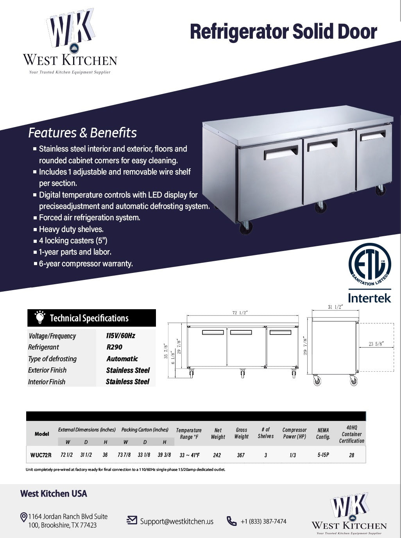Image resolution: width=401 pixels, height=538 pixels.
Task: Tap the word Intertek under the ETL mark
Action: click(x=369, y=298)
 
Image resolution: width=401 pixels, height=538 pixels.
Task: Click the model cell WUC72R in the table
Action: click(x=41, y=455)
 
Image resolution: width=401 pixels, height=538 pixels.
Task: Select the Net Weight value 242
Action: click(x=217, y=455)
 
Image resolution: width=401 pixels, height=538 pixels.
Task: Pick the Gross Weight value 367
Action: click(x=241, y=455)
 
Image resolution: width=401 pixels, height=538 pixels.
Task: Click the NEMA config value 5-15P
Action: click(x=323, y=455)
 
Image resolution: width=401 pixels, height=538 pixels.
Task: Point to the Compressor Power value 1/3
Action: click(x=293, y=455)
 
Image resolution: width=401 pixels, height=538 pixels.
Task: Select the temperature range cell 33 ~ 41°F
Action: click(x=189, y=455)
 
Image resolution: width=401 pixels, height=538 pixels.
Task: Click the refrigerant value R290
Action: click(x=114, y=347)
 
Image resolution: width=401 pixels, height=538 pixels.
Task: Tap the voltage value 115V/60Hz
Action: click(x=120, y=335)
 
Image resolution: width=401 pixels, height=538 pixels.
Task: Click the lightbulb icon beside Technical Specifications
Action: click(x=39, y=317)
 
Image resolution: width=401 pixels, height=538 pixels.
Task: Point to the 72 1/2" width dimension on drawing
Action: click(x=240, y=313)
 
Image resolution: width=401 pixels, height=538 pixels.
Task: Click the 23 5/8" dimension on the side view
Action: click(x=376, y=344)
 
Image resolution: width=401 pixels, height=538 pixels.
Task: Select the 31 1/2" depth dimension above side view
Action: click(x=335, y=307)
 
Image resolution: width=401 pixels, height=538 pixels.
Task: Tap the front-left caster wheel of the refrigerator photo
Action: click(x=246, y=228)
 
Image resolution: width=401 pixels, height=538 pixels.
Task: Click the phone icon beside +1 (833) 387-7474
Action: click(x=232, y=521)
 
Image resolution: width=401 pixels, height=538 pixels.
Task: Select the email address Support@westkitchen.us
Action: click(x=177, y=521)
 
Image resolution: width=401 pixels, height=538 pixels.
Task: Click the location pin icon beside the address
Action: click(x=23, y=518)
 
